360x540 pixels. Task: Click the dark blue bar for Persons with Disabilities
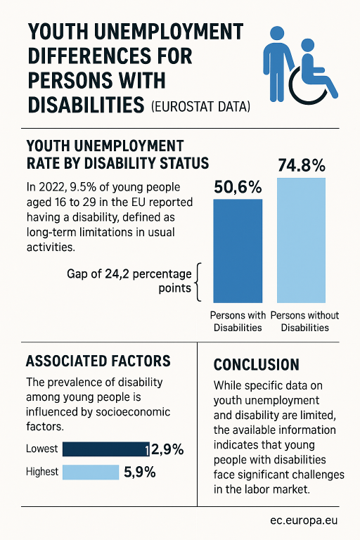click(238, 251)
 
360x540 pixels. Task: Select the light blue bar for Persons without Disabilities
click(301, 240)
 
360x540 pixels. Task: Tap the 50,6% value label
click(238, 187)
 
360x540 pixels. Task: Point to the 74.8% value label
click(302, 165)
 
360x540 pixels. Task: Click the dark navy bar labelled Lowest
click(106, 449)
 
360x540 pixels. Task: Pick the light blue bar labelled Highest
click(91, 472)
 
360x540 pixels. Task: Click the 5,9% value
click(139, 472)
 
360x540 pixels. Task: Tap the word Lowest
click(42, 449)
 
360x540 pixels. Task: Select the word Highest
click(42, 472)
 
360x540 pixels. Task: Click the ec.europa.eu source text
click(304, 520)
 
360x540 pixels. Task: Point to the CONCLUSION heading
click(257, 365)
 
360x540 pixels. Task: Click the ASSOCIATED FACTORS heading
click(98, 361)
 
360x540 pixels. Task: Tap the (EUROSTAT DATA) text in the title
click(200, 106)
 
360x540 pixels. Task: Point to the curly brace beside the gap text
click(198, 283)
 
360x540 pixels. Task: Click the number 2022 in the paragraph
click(53, 187)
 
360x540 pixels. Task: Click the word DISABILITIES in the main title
click(86, 105)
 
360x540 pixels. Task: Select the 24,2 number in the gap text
click(117, 274)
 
